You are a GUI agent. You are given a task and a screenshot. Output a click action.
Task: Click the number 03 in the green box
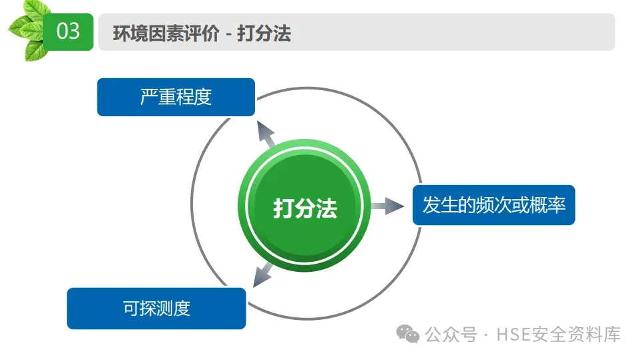[x=68, y=31]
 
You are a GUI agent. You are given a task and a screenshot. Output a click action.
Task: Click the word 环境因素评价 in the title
[x=166, y=33]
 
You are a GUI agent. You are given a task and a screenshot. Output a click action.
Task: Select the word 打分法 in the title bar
[x=264, y=33]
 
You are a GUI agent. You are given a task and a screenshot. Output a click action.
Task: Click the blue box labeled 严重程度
[x=176, y=97]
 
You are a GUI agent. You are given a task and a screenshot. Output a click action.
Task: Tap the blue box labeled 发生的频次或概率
[x=493, y=204]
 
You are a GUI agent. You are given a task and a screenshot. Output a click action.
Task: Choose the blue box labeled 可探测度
[x=156, y=308]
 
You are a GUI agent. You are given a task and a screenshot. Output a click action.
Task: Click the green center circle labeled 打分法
[x=304, y=208]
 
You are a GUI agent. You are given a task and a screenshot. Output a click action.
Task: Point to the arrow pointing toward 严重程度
[x=267, y=134]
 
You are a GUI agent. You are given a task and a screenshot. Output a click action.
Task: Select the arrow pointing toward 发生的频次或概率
[x=388, y=206]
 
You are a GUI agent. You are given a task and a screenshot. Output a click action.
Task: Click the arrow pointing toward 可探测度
[x=262, y=273]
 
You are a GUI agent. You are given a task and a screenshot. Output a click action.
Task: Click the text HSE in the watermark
[x=510, y=334]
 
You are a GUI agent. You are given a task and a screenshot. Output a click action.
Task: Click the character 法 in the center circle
[x=327, y=209]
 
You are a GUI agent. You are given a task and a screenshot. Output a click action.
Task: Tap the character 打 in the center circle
[x=283, y=209]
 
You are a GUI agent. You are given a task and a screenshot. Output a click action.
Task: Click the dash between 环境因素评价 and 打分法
[x=228, y=33]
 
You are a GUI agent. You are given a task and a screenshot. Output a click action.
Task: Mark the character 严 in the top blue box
[x=149, y=97]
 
